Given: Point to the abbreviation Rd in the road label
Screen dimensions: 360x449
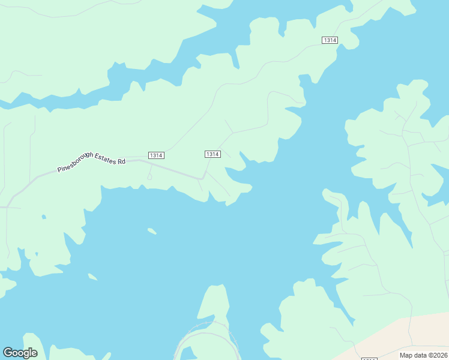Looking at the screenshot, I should point(121,161).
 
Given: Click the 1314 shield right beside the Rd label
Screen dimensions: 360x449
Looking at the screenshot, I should point(155,155).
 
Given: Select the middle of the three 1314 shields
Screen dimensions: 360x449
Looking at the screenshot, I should point(212,154).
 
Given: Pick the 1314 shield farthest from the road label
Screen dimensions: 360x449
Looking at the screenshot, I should point(330,40).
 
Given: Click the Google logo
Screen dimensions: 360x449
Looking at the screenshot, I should point(20,353).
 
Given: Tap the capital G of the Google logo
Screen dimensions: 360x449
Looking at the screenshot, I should point(8,353).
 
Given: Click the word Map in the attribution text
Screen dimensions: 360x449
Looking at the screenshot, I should point(406,355).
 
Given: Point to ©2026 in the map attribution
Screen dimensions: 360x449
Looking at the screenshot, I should point(438,355).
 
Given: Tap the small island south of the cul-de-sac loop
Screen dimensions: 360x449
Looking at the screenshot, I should point(152,230).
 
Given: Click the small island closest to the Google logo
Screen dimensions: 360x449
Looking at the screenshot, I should point(92,277).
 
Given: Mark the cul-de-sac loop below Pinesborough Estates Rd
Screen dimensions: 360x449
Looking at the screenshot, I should point(149,176).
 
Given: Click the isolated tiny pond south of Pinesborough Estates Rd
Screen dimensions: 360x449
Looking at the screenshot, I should point(43,216).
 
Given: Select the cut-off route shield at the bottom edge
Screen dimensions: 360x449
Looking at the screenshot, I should point(370,358).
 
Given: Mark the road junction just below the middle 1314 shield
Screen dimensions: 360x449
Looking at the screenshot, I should point(204,178).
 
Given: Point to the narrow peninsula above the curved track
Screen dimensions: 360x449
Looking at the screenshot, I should point(214,303).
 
